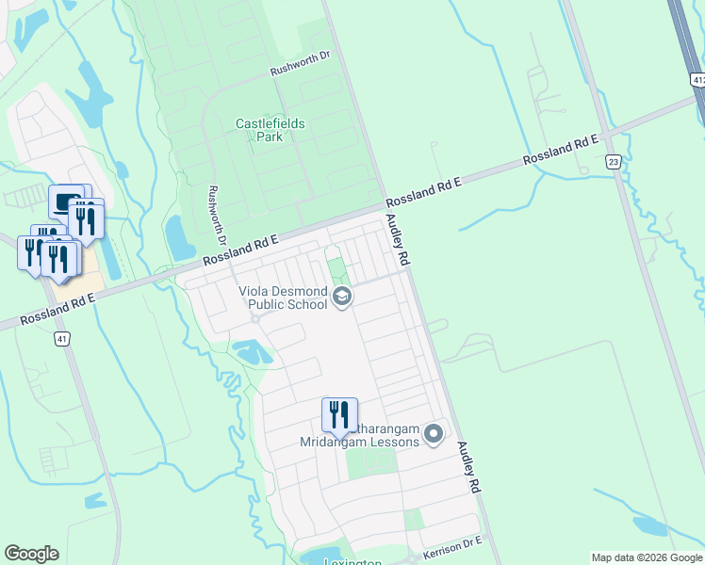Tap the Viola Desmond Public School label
click(x=282, y=299)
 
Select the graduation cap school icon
click(x=342, y=298)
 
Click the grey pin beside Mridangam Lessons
click(x=434, y=434)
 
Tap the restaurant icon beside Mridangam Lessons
click(x=339, y=413)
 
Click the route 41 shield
click(x=62, y=338)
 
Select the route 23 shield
click(x=614, y=162)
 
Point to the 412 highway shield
click(x=697, y=81)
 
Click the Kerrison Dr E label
click(x=452, y=547)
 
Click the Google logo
click(x=31, y=554)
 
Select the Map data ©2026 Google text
click(x=646, y=557)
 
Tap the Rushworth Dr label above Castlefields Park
click(x=300, y=56)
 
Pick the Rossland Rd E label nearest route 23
click(x=562, y=150)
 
